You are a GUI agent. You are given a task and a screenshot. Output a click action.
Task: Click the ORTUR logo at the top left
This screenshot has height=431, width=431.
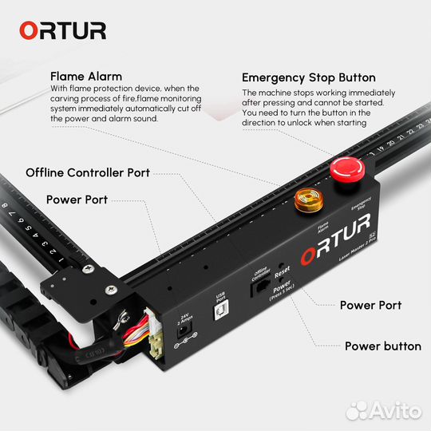[62, 30]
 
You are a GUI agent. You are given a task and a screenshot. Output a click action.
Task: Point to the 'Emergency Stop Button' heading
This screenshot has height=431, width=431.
[308, 77]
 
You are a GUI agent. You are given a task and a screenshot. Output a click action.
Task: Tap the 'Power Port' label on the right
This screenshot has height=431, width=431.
[370, 305]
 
